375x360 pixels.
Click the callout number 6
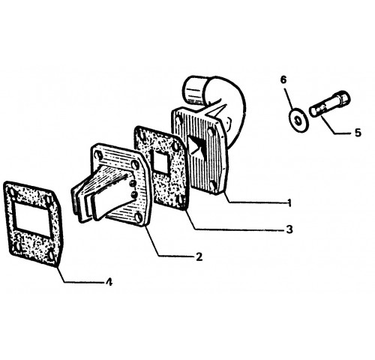tap(283, 80)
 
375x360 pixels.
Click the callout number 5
tap(358, 133)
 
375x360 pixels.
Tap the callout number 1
tap(289, 202)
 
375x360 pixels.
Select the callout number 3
tap(289, 229)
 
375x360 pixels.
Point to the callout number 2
tap(199, 256)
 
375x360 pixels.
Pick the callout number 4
tap(109, 283)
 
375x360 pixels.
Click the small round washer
tap(298, 121)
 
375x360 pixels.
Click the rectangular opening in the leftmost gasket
tap(31, 217)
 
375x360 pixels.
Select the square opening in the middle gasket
tap(160, 163)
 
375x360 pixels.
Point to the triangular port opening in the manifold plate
tap(196, 148)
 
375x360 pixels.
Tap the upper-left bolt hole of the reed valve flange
tap(100, 156)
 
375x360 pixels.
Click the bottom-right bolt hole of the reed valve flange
tap(139, 217)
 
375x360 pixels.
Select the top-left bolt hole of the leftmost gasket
tap(11, 193)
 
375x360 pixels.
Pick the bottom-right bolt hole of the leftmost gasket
tap(50, 254)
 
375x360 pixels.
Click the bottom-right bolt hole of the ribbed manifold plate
tap(213, 186)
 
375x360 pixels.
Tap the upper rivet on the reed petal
tap(132, 184)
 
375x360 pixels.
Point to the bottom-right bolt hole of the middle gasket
tap(179, 199)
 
